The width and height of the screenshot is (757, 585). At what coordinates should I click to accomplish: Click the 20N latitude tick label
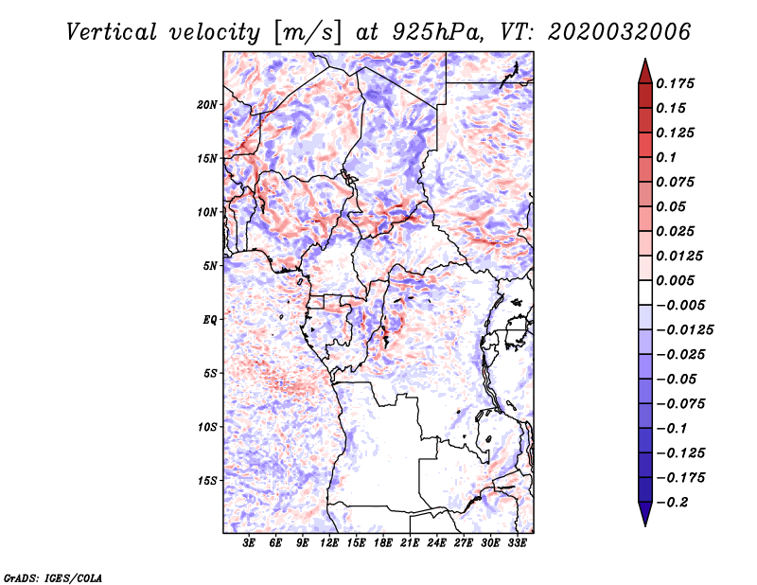[x=207, y=105]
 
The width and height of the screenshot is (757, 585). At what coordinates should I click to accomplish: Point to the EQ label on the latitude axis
[x=210, y=320]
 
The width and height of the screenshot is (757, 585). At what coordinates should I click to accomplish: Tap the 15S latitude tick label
[x=207, y=481]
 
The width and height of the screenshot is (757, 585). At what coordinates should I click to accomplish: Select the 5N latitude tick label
[x=210, y=266]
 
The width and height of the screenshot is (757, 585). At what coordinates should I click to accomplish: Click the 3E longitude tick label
[x=249, y=543]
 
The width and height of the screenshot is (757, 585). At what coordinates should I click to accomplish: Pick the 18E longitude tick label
[x=382, y=543]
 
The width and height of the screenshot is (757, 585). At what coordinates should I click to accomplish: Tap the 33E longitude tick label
[x=517, y=543]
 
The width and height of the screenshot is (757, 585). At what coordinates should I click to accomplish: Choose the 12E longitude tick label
[x=328, y=543]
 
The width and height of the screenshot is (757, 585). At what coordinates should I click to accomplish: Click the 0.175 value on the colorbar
[x=675, y=83]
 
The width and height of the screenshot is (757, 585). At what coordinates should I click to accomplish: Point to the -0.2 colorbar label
[x=672, y=503]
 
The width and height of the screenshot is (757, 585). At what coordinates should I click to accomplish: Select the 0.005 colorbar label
[x=675, y=280]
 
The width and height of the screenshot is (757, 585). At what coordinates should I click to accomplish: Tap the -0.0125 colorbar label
[x=684, y=330]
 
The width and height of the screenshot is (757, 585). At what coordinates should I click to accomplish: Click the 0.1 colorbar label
[x=666, y=157]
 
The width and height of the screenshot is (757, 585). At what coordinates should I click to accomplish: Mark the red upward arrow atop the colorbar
[x=645, y=71]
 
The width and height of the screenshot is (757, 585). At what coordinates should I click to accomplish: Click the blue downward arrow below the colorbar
[x=645, y=514]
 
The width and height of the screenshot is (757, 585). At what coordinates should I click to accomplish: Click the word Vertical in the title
[x=112, y=32]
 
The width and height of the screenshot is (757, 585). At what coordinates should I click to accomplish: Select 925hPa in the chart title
[x=437, y=32]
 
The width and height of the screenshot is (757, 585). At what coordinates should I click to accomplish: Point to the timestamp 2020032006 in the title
[x=619, y=32]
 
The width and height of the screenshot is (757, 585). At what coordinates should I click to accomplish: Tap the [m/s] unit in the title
[x=308, y=33]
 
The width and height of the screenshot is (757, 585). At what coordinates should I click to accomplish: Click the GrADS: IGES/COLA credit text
[x=53, y=577]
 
